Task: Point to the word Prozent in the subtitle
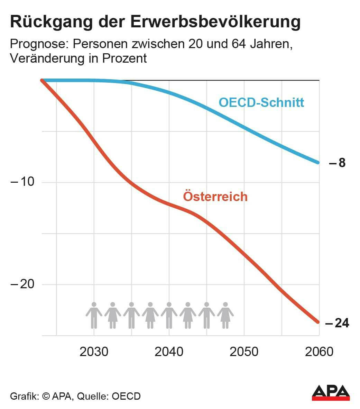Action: click(x=124, y=58)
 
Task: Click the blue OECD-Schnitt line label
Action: click(x=261, y=102)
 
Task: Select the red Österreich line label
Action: click(x=215, y=196)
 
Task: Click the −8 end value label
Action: click(x=337, y=163)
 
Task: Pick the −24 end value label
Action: click(x=337, y=323)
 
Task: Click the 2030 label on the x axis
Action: click(x=94, y=352)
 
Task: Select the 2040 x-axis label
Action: click(x=169, y=352)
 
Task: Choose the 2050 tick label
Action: click(x=244, y=352)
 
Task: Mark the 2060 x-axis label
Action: click(x=319, y=352)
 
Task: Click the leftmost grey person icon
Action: click(x=94, y=315)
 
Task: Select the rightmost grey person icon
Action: click(x=225, y=315)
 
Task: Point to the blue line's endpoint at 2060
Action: click(x=318, y=162)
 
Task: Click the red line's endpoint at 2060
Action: click(x=318, y=322)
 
